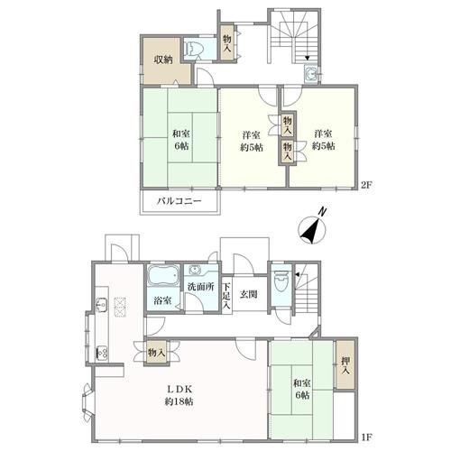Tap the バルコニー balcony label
coord(179,201)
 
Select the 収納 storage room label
coord(163,60)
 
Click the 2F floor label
coord(366,186)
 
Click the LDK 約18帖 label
coord(179,395)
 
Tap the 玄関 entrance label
coord(248,294)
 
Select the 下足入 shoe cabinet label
coord(226,295)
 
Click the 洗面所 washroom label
coord(201,287)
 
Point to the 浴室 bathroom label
coord(162,300)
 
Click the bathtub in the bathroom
coord(163,275)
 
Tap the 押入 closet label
coord(345,365)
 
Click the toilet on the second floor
coord(193,49)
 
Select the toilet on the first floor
coord(281,281)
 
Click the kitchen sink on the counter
coord(101,305)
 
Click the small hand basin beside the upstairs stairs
coord(311,73)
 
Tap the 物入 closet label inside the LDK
coord(156,352)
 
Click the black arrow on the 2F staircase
coord(307,58)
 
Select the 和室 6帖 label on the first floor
coord(302,389)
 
